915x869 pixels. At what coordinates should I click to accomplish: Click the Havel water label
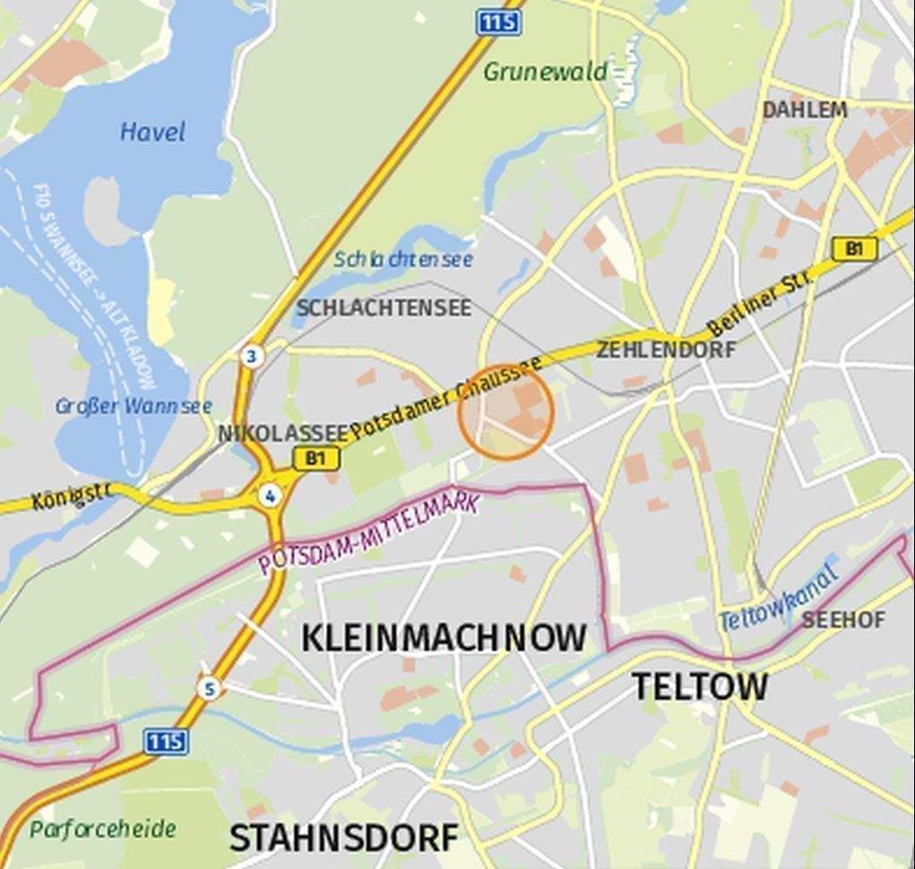click(152, 133)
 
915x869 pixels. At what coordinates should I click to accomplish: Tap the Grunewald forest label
click(545, 72)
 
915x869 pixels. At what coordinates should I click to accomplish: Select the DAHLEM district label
click(804, 109)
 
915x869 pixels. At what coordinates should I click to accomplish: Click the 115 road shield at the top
click(498, 22)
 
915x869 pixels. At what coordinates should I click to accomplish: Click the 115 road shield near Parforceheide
click(166, 741)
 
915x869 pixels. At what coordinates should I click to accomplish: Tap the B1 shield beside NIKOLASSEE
click(316, 459)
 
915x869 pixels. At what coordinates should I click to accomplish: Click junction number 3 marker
click(252, 357)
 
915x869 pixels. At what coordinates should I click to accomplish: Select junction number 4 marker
click(269, 496)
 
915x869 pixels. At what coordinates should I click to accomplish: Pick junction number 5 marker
click(210, 689)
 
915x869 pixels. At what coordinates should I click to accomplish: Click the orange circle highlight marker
click(506, 413)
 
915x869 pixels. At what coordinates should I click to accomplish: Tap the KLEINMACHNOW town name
click(444, 639)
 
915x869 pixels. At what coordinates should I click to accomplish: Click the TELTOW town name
click(699, 687)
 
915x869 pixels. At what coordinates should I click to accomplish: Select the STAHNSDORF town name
click(343, 839)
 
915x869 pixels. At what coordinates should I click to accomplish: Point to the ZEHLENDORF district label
click(666, 350)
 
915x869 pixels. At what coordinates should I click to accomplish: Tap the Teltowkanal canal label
click(778, 600)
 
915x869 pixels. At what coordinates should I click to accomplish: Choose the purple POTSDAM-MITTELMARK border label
click(368, 535)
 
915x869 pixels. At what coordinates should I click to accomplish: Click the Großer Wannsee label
click(134, 406)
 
